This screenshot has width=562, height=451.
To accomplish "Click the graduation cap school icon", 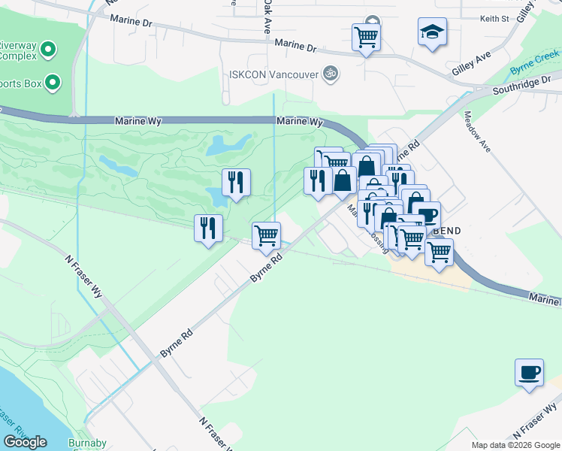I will point(432,33).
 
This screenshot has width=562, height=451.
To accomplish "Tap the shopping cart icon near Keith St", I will point(366,36).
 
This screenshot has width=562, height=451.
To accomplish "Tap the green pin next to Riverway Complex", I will point(49,51).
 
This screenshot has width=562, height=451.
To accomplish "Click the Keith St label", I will point(494,17).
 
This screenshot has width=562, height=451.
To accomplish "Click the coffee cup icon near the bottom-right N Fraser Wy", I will point(529,373).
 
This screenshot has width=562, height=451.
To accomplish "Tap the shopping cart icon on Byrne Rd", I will point(266,235).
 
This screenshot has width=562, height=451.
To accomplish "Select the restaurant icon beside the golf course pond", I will point(236,182).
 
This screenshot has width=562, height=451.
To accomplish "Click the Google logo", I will point(25,442).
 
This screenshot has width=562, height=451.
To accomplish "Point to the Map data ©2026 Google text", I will point(515,445).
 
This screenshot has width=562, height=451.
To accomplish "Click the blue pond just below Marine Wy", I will point(229,144).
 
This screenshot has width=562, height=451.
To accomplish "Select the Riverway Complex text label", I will point(19,50).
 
